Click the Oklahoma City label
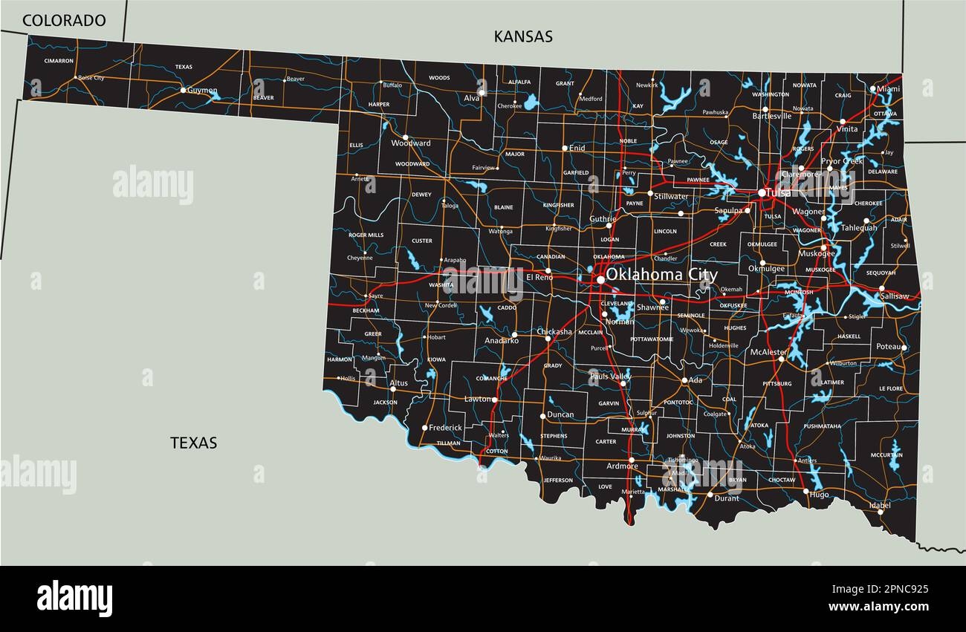click(x=661, y=274)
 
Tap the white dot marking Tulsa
click(x=762, y=193)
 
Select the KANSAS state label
click(x=523, y=36)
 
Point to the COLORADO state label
click(x=64, y=21)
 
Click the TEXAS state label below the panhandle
click(x=194, y=443)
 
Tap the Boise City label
click(x=91, y=77)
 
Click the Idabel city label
click(x=880, y=505)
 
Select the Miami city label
click(x=888, y=88)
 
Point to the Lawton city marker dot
click(x=494, y=400)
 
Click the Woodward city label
click(x=415, y=143)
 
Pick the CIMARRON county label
click(x=59, y=60)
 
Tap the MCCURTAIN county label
click(x=886, y=455)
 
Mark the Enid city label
click(x=577, y=149)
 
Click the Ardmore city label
click(x=622, y=466)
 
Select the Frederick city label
click(x=445, y=428)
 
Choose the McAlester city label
click(x=768, y=351)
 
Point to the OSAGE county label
click(x=719, y=142)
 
